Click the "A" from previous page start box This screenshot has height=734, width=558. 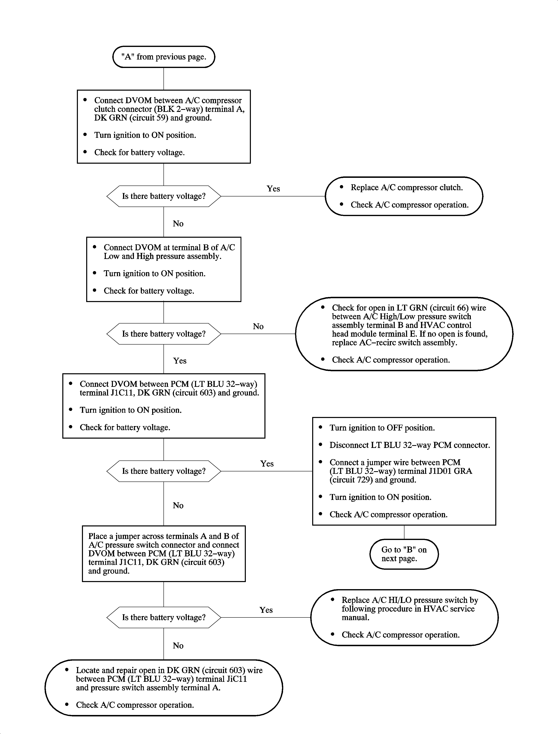(164, 57)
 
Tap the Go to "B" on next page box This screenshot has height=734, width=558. (404, 554)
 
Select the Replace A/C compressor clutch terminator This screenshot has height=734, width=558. (404, 196)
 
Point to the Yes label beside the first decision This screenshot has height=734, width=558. (273, 189)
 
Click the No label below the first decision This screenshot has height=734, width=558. (178, 224)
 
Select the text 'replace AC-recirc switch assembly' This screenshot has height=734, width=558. (394, 343)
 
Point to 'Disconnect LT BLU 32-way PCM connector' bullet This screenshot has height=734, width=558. (409, 445)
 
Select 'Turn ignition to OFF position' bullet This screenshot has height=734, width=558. (382, 428)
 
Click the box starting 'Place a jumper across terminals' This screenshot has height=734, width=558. (164, 553)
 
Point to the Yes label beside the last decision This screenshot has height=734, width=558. (266, 610)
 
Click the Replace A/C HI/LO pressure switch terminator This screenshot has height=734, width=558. (404, 617)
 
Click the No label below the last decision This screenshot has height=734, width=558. (178, 646)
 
